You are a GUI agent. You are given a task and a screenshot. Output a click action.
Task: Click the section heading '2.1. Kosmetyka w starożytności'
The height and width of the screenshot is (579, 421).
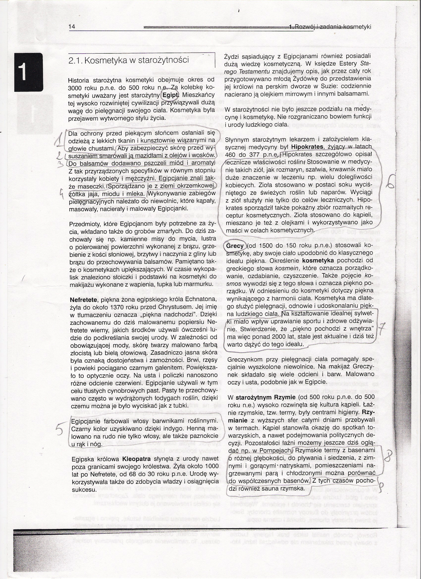[129, 60]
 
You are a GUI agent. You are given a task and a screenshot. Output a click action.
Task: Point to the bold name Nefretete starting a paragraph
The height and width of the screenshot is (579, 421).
[83, 299]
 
